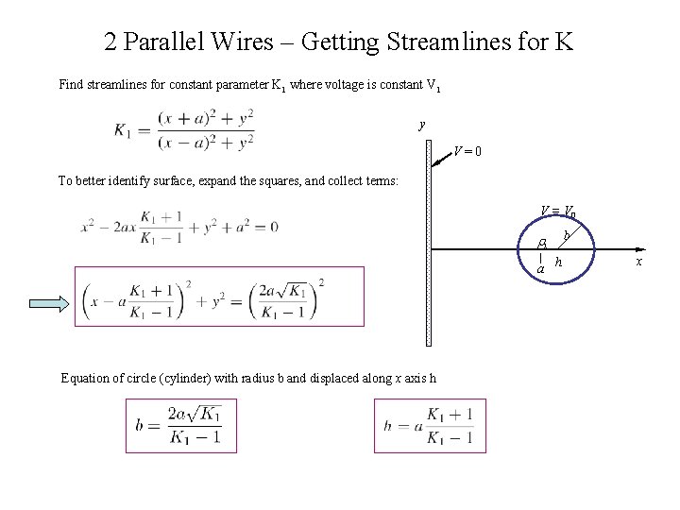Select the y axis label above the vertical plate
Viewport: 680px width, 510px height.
[x=422, y=124]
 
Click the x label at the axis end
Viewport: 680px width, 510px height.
[x=639, y=261]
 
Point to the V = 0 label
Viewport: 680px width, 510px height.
[x=467, y=151]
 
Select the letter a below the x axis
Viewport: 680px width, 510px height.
[x=540, y=269]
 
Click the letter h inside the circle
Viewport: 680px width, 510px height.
[x=559, y=261]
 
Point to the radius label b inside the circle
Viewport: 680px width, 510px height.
[x=566, y=234]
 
